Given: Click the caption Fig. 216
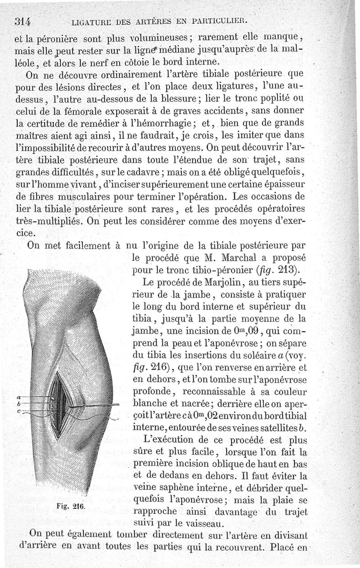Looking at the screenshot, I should [x=72, y=505].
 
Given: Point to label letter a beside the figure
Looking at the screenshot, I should [x=18, y=398].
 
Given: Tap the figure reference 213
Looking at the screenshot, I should [x=288, y=270].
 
